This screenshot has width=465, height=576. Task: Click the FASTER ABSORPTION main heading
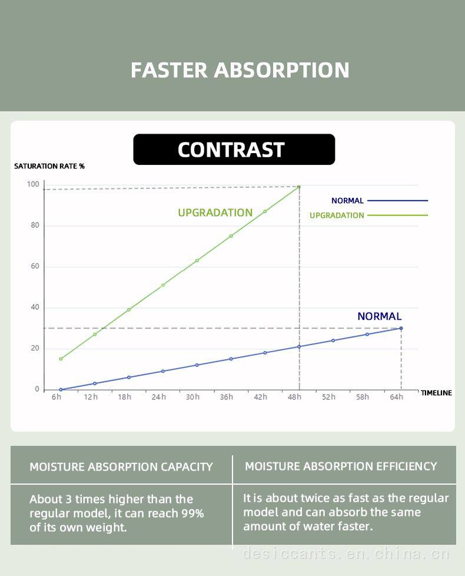pos(240,70)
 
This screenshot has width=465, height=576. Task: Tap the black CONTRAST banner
pos(234,150)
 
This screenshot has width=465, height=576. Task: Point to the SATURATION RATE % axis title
pos(49,166)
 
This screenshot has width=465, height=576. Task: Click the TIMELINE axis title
pos(436,393)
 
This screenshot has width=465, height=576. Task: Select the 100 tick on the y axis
pos(33,184)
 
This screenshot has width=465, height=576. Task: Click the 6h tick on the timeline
pos(57,397)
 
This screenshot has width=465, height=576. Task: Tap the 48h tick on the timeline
pos(294,397)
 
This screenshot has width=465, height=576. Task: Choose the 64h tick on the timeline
pos(397,397)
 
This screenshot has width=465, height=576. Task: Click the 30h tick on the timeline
pos(192,397)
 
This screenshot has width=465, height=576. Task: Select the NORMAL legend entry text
pos(347,201)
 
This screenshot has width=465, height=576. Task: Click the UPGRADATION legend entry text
pos(337,216)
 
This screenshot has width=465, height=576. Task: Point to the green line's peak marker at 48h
pos(299,187)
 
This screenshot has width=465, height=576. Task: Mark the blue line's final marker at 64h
pos(401,328)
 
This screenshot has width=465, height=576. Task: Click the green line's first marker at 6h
pos(61,359)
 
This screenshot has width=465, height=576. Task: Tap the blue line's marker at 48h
pos(299,346)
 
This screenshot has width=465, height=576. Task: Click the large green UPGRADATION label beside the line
pos(215,213)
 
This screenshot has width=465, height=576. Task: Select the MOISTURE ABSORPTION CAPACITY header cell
pos(121,467)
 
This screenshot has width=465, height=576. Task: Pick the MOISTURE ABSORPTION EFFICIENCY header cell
pos(341,466)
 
